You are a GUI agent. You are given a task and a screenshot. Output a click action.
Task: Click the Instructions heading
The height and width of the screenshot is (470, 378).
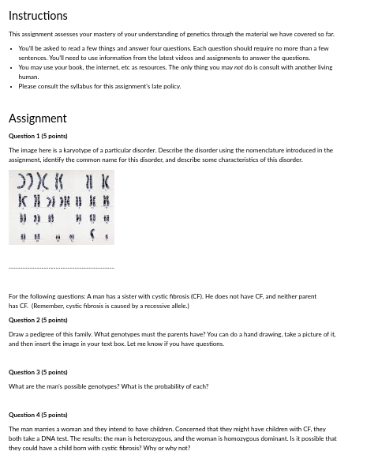click(x=38, y=16)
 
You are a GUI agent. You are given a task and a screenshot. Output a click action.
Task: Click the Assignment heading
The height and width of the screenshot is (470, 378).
click(x=37, y=118)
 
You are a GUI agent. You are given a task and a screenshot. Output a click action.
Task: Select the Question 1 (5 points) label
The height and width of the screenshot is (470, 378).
click(x=38, y=136)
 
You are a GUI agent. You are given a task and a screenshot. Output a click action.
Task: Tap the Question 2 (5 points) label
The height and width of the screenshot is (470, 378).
click(x=38, y=320)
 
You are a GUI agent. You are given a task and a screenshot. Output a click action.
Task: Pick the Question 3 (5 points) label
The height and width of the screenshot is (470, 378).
click(x=38, y=372)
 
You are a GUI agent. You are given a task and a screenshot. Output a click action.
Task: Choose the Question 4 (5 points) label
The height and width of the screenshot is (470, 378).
click(x=38, y=415)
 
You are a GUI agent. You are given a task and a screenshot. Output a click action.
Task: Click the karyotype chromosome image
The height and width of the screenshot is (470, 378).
click(x=62, y=207)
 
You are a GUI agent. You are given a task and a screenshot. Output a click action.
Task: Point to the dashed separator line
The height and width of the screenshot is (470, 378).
click(x=61, y=269)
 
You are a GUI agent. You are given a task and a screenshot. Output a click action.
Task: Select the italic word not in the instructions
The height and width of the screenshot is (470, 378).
click(x=238, y=68)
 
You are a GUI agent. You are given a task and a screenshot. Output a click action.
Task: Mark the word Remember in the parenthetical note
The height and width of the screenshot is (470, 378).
click(x=46, y=306)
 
